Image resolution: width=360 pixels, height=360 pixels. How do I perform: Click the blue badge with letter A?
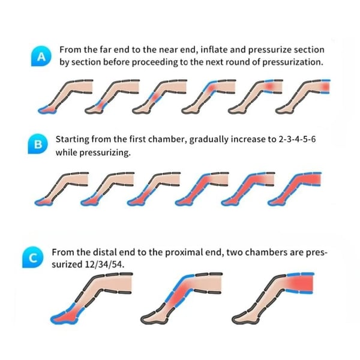(41, 56)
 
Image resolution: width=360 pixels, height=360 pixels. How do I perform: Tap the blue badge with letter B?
(38, 144)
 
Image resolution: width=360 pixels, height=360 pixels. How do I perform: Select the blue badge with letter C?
(33, 257)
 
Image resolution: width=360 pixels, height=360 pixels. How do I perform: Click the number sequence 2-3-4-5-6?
(297, 139)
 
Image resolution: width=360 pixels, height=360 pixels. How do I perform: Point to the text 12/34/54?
(104, 264)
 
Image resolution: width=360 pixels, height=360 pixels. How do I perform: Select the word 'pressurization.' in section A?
(293, 62)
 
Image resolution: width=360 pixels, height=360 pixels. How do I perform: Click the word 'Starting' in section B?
(73, 139)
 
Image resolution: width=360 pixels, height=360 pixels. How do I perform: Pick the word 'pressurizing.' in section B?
(104, 152)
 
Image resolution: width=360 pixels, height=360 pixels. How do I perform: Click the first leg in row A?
(65, 97)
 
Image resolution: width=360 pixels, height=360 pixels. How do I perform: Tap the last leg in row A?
(303, 97)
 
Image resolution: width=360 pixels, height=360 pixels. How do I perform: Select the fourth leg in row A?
(209, 97)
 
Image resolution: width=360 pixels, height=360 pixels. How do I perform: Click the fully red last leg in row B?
(295, 189)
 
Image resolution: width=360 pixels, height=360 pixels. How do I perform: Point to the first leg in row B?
(62, 189)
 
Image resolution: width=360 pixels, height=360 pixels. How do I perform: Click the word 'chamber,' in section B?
(167, 139)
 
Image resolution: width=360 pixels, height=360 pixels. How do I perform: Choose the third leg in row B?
(154, 189)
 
